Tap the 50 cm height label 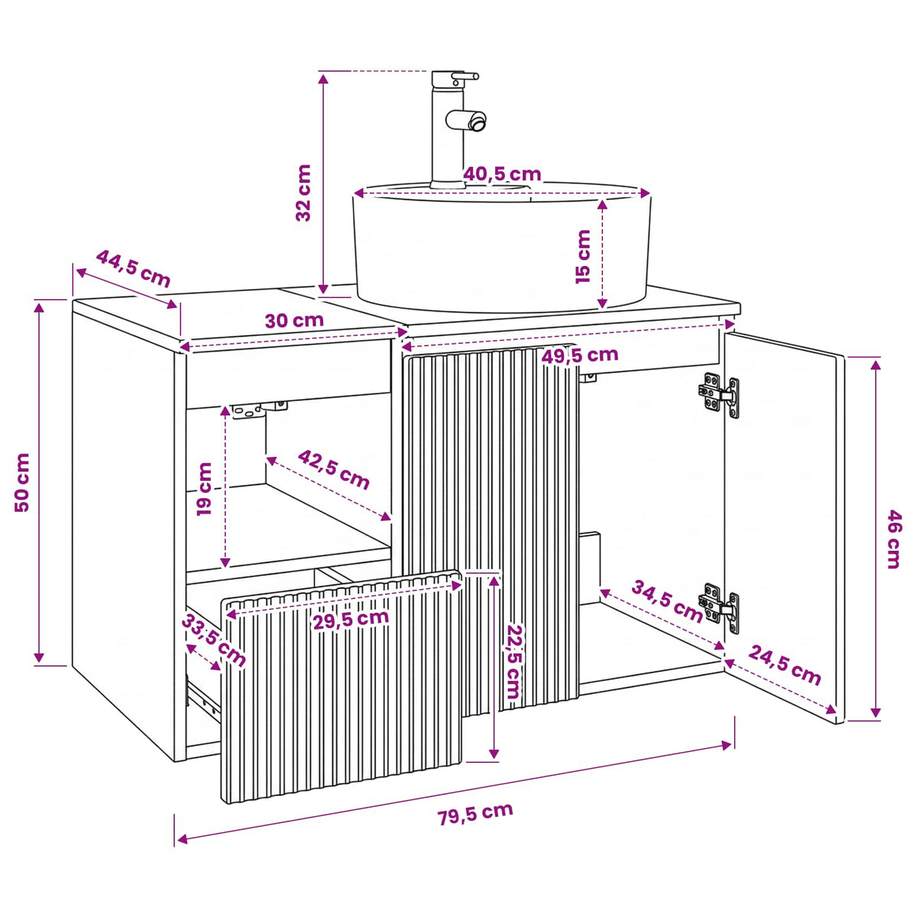[22, 482]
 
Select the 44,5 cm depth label [133, 269]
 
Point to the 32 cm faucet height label [303, 193]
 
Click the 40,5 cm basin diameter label [503, 174]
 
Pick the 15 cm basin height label [582, 257]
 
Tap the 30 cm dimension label [294, 320]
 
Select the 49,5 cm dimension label [580, 355]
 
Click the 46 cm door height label [894, 540]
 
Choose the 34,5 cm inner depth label [667, 601]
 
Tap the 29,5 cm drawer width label [351, 619]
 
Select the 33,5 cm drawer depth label [214, 640]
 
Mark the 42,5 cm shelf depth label [334, 470]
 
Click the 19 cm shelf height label [204, 489]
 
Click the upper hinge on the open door [719, 394]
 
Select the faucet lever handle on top [465, 76]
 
